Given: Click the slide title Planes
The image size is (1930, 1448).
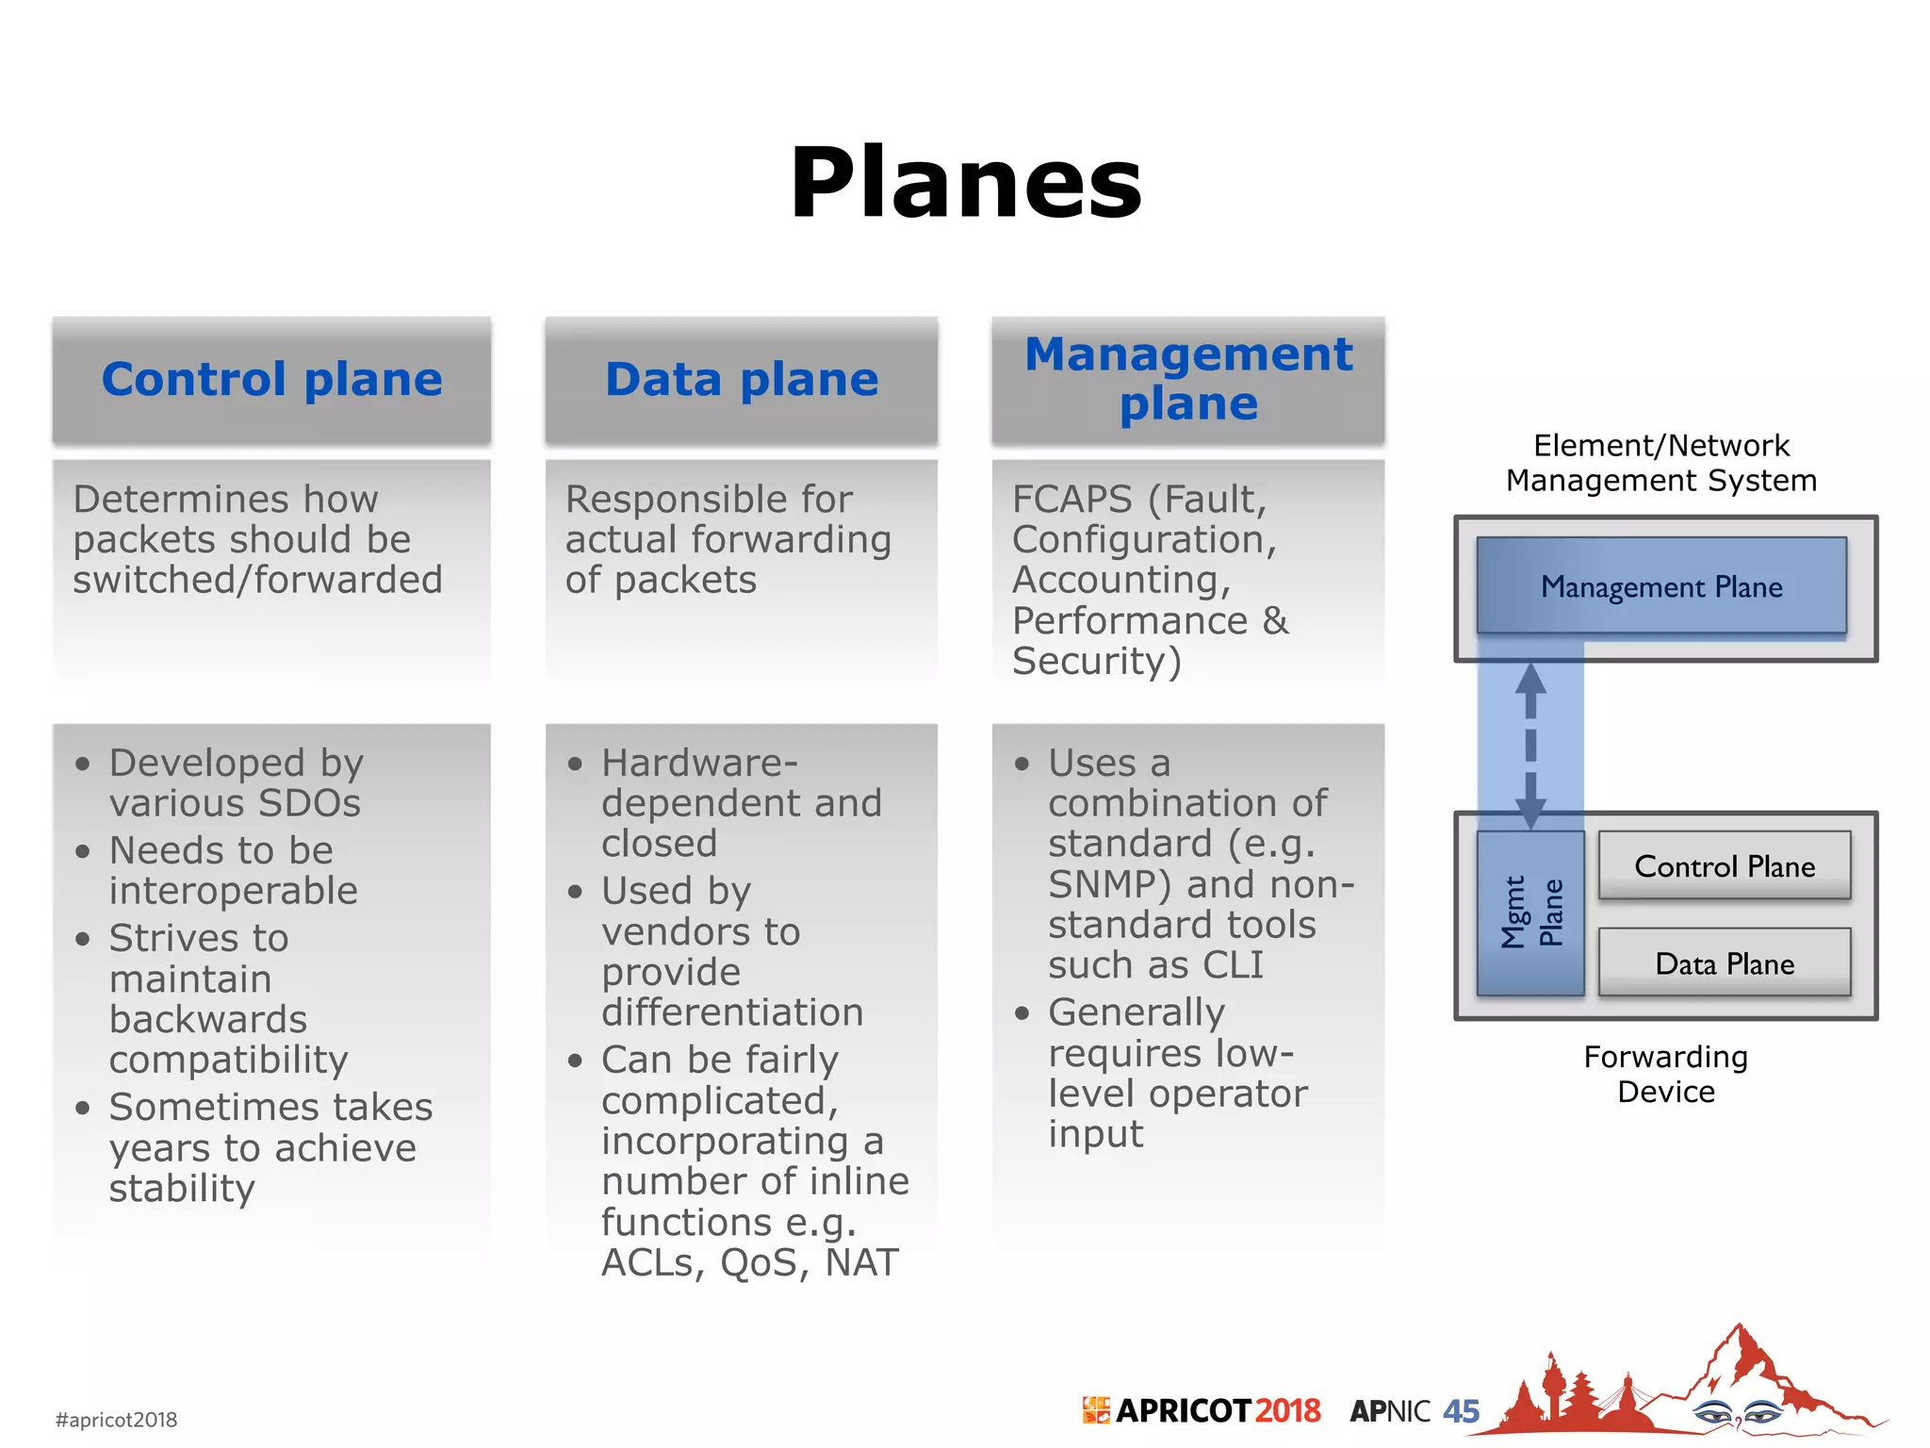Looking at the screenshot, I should [x=966, y=183].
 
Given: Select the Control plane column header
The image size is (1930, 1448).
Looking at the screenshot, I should [x=271, y=380].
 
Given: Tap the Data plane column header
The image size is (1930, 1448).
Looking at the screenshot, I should [x=742, y=380].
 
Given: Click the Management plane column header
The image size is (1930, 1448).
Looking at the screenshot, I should [x=1188, y=379].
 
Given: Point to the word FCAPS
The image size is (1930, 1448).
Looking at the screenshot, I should [x=1071, y=500].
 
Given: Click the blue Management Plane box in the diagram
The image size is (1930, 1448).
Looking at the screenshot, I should [x=1660, y=586].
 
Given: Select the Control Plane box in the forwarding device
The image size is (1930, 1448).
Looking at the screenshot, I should [x=1725, y=865].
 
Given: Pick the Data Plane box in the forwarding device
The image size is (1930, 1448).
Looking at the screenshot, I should [x=1725, y=963].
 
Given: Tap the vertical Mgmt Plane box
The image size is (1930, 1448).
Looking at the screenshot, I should [x=1530, y=913].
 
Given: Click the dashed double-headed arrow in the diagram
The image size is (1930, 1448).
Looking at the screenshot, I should [x=1530, y=745].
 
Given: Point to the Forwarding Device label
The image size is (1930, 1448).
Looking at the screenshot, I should [x=1665, y=1074].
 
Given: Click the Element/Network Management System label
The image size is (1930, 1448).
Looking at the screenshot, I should [x=1660, y=463].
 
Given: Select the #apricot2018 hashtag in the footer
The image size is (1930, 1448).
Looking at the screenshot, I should [x=116, y=1420].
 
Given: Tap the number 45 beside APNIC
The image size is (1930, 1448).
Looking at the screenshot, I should [x=1461, y=1411].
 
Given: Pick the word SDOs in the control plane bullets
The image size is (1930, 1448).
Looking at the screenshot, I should [x=309, y=803].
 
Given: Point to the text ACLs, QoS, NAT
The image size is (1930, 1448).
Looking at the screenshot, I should [x=750, y=1262].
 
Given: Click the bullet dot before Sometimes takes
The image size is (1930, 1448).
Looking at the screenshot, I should [x=83, y=1108].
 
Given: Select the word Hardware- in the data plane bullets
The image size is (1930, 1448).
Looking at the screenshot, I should [x=699, y=763].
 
